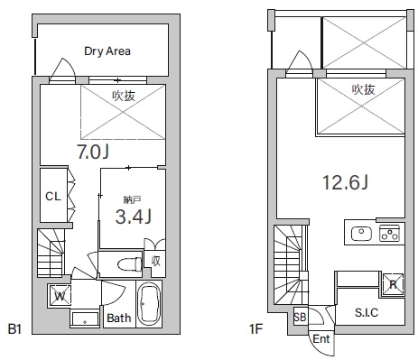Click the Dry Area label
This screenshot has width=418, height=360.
pos(107,51)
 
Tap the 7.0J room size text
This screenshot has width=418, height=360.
pos(93,152)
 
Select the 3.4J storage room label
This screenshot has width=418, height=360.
pos(134,217)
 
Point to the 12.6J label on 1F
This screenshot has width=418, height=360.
pos(345,182)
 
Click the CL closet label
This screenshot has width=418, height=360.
pos(53,197)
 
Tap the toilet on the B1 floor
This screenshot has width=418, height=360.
pos(130,264)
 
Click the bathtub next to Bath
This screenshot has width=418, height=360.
pos(149,304)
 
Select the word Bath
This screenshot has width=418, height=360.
pos(119,318)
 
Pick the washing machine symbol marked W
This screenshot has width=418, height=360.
pos(60,296)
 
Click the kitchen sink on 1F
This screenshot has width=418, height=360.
pos(361,234)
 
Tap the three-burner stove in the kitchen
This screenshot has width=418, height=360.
pos(389,234)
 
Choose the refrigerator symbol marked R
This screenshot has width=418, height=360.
pos(393,284)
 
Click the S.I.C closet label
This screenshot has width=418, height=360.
pos(367,313)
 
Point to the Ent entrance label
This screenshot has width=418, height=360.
pos(321,339)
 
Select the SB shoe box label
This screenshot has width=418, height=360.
pos(300,317)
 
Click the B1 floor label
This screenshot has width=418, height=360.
pos(14,328)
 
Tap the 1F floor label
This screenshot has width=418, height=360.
pos(256,328)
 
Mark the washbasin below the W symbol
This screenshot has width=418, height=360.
pos(85,319)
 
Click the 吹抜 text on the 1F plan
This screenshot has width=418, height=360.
pos(364,89)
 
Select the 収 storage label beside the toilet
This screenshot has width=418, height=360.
pos(155,261)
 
